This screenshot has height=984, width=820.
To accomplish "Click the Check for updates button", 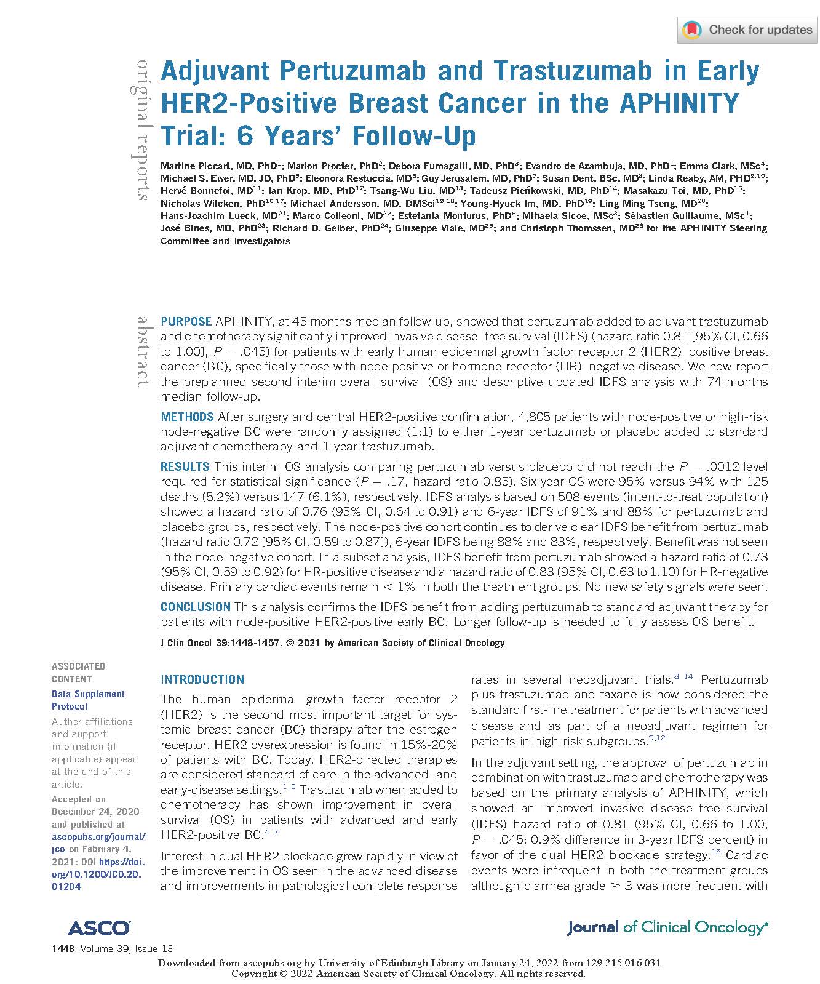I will click(x=747, y=30).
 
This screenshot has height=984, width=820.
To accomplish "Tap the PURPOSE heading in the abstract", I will click(x=186, y=321).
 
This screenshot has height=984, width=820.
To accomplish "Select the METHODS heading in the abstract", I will click(x=187, y=417).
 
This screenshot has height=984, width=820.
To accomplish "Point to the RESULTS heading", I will click(x=185, y=466).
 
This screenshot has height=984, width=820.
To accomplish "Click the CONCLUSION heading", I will click(x=195, y=607).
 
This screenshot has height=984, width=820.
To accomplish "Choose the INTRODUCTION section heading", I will click(x=202, y=679).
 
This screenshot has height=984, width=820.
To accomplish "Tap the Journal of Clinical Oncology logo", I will click(x=667, y=927).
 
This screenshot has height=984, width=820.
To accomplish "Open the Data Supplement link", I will click(x=88, y=694).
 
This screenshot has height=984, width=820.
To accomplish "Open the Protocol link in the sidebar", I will click(x=70, y=706).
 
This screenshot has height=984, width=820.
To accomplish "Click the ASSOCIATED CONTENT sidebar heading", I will click(x=78, y=672).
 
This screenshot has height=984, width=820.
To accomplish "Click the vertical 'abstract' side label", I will click(x=143, y=351).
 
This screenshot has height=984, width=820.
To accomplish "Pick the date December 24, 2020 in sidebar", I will click(x=95, y=811).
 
